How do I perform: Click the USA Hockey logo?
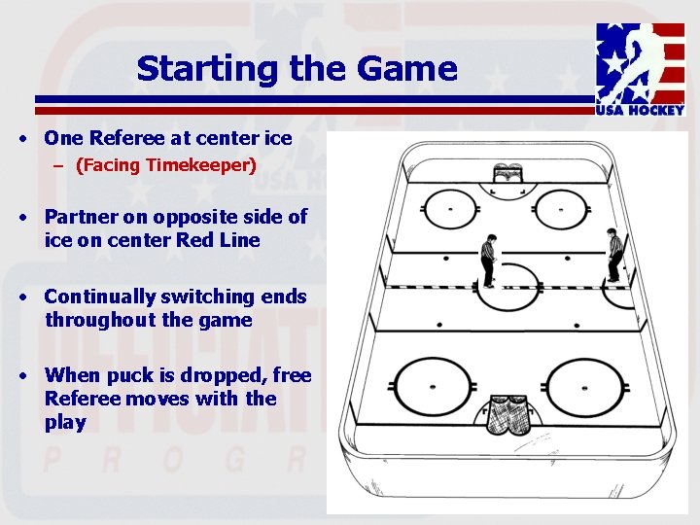640,68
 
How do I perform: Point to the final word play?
65,423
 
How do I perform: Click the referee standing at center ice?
488,261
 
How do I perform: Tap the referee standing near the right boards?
613,255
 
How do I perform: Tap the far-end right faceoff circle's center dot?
561,208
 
